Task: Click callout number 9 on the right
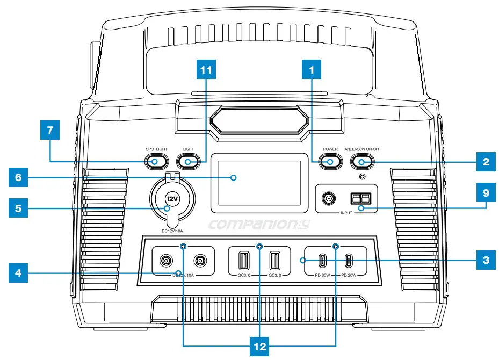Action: pyautogui.click(x=485, y=191)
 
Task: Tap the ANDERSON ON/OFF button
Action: pyautogui.click(x=361, y=162)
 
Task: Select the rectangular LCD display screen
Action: pyautogui.click(x=255, y=185)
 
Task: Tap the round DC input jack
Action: pyautogui.click(x=327, y=199)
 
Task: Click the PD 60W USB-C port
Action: pyautogui.click(x=322, y=261)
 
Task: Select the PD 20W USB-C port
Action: pyautogui.click(x=349, y=261)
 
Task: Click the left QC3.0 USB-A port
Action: pyautogui.click(x=243, y=261)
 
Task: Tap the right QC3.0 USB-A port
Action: pyautogui.click(x=275, y=261)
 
